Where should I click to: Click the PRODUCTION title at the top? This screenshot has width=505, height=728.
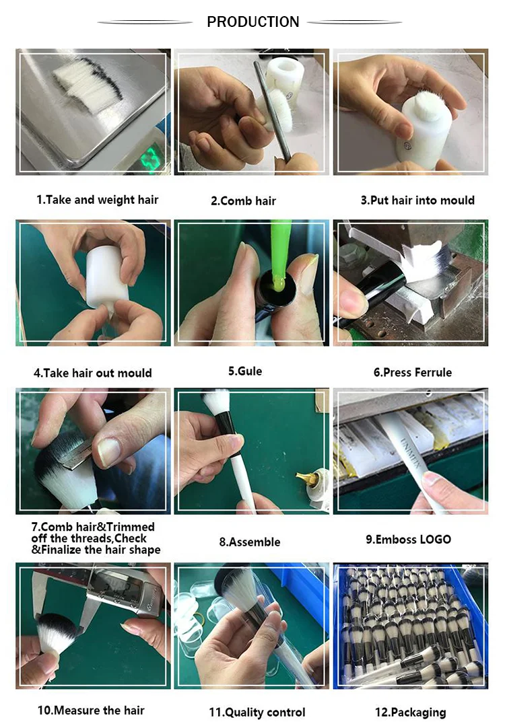click(x=252, y=22)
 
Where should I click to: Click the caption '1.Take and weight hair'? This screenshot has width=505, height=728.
click(x=98, y=200)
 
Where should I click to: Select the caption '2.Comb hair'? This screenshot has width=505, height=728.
click(x=244, y=201)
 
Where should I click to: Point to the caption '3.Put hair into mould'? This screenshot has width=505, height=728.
click(x=417, y=201)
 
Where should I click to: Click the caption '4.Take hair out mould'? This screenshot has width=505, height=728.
click(x=93, y=373)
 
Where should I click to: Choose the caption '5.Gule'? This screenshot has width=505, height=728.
click(x=245, y=371)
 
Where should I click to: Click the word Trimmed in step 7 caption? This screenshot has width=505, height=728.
click(x=131, y=527)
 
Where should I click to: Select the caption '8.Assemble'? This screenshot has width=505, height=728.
click(x=250, y=542)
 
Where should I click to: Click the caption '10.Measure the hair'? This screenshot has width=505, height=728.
click(x=91, y=711)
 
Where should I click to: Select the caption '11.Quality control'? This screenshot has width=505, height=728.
click(x=257, y=713)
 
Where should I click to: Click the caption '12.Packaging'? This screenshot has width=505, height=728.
click(x=411, y=713)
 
